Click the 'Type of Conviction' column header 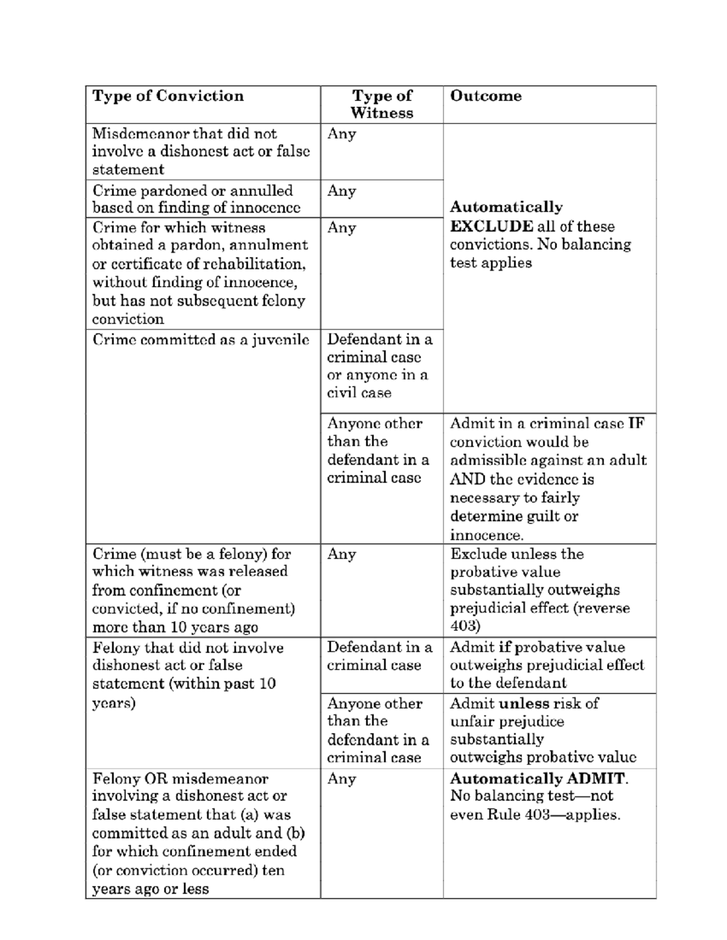(168, 96)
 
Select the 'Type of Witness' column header (382, 104)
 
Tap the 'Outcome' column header (485, 96)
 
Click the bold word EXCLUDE (491, 226)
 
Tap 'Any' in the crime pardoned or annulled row (341, 191)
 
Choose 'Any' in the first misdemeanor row (341, 134)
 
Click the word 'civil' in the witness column (341, 393)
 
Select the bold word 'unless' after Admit (520, 703)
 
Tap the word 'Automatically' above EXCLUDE (506, 207)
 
